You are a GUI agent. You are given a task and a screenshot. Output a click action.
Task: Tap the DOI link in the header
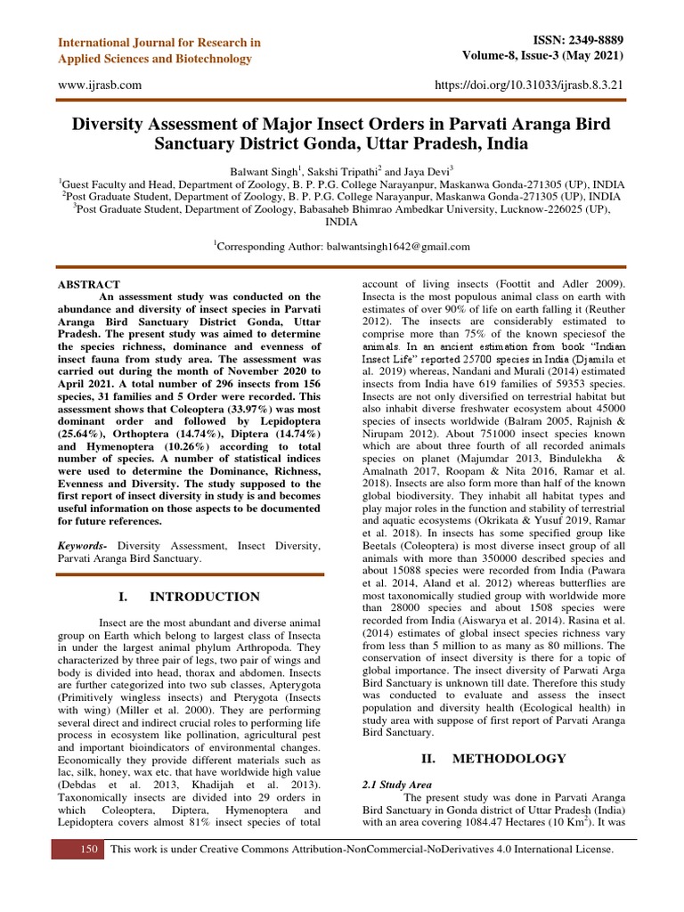pyautogui.click(x=528, y=84)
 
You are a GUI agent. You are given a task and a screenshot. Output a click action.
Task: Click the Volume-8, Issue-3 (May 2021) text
pyautogui.click(x=542, y=55)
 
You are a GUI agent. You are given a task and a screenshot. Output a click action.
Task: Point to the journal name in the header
pyautogui.click(x=159, y=51)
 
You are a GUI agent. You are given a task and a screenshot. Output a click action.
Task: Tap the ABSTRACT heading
pyautogui.click(x=89, y=284)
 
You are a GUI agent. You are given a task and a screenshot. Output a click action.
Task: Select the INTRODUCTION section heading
pyautogui.click(x=203, y=597)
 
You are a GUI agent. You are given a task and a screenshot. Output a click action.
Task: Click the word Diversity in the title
pyautogui.click(x=121, y=122)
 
